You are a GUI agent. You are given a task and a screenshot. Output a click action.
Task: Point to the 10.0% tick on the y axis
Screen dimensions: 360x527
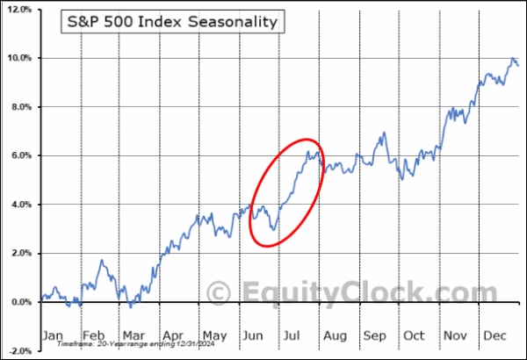[19, 58]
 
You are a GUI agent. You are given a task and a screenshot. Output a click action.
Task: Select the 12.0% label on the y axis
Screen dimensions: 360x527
[19, 10]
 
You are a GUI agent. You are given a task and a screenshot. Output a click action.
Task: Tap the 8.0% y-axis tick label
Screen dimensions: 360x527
[21, 107]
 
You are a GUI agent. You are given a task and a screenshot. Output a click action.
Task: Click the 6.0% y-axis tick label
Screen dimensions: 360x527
[21, 155]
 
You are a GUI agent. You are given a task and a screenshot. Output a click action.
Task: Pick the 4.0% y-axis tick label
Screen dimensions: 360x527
[21, 205]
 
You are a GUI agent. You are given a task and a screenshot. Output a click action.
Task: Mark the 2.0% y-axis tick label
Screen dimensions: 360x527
[21, 253]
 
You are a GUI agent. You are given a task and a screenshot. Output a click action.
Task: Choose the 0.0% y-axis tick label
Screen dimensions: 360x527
[21, 302]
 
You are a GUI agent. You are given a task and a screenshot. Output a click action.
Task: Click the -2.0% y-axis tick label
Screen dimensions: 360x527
[19, 350]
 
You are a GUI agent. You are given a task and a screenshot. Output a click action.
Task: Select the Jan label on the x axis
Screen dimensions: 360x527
[54, 335]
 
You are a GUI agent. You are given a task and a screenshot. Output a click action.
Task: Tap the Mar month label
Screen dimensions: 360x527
[134, 335]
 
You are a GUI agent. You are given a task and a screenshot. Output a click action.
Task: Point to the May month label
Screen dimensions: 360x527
[215, 335]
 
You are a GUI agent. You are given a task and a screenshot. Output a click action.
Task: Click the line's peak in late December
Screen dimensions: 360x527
[513, 59]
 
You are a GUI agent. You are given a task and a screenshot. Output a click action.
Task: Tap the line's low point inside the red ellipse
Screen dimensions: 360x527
[273, 230]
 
